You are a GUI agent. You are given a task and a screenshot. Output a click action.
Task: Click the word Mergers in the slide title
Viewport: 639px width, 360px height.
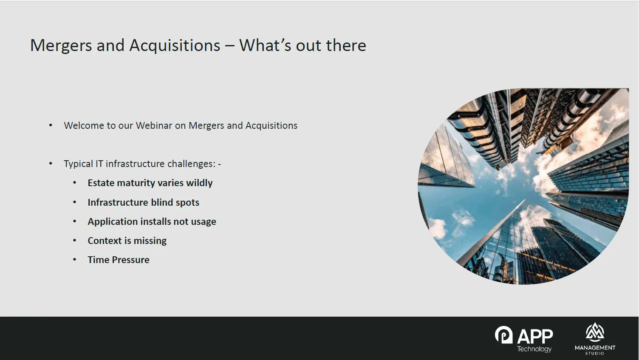point(61,45)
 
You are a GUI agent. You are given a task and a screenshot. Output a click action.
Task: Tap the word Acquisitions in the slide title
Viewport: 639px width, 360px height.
point(175,45)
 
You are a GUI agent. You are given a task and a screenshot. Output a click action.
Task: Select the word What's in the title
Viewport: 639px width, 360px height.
point(265,45)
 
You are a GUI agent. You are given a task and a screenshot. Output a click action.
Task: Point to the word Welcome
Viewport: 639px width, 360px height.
point(84,126)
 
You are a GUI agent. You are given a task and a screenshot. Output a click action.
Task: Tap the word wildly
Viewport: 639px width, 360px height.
point(199,183)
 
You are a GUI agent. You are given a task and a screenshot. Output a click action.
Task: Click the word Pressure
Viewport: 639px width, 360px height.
point(130,260)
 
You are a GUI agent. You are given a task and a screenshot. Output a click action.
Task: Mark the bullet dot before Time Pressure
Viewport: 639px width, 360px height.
point(75,260)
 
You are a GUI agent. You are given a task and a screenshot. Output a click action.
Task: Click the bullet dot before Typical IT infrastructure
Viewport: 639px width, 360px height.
point(51,164)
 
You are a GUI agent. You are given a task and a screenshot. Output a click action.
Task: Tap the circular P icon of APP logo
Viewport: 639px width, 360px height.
point(504,334)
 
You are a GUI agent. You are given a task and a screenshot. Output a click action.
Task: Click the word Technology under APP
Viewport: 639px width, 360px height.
point(534,349)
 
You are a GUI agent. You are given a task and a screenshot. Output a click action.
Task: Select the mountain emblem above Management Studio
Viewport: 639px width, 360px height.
point(595,332)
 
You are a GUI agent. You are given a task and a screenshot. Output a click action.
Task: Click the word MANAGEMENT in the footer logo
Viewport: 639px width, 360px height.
point(595,348)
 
